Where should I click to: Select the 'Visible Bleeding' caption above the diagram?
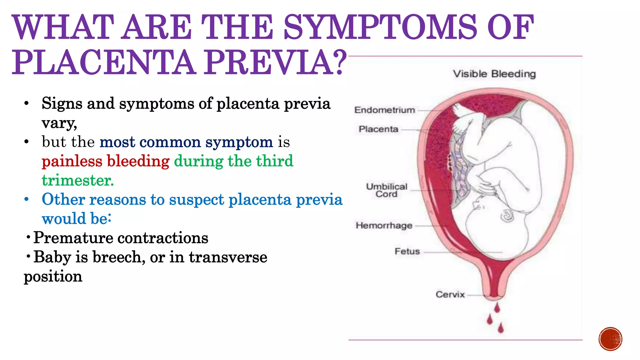494,74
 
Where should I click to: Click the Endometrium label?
385,110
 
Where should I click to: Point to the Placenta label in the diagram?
378,129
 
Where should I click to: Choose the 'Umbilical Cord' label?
387,190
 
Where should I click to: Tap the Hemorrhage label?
384,225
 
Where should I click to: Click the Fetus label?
407,251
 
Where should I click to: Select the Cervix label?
450,294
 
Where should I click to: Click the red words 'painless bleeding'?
106,161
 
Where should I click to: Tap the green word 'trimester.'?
78,180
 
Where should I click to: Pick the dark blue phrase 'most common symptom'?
186,142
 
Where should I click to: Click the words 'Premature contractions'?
121,238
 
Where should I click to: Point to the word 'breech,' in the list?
119,257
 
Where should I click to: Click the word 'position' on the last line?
53,277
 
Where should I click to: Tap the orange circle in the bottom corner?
610,339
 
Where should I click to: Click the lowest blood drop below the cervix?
501,328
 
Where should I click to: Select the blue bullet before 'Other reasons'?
27,199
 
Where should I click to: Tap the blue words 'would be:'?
77,219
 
